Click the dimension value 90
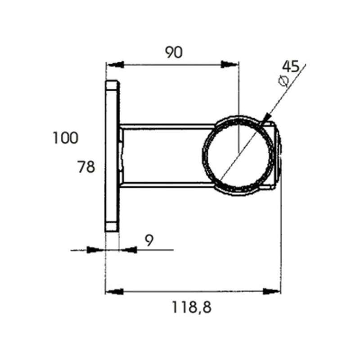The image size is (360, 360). pyautogui.click(x=174, y=52)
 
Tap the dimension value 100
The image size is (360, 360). pyautogui.click(x=66, y=138)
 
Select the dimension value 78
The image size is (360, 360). pyautogui.click(x=86, y=166)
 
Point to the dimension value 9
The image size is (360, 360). pyautogui.click(x=149, y=240)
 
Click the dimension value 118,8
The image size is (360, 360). pyautogui.click(x=191, y=307)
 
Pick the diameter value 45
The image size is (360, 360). pyautogui.click(x=291, y=66)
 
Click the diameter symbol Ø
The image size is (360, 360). pyautogui.click(x=283, y=81)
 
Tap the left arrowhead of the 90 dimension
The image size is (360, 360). pyautogui.click(x=116, y=65)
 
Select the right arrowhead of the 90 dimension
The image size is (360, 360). pyautogui.click(x=229, y=64)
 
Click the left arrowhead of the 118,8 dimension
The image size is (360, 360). pyautogui.click(x=115, y=292)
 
